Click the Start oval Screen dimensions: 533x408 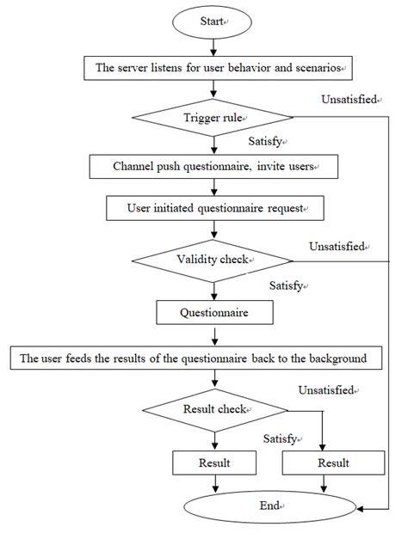click(212, 23)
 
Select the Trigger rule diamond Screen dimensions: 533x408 click(212, 119)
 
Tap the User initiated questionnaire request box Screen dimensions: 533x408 click(212, 207)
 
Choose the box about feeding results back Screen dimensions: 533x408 click(195, 358)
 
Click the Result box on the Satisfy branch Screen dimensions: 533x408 click(213, 463)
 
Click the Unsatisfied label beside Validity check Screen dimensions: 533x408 click(338, 247)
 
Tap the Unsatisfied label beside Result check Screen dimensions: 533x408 click(326, 390)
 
